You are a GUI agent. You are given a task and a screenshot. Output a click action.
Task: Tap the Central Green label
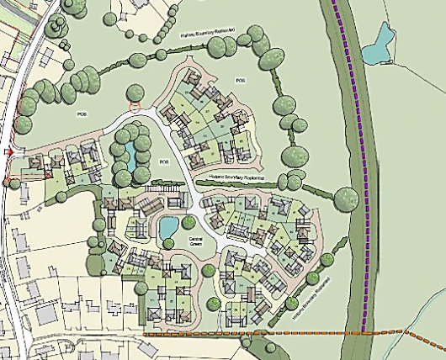(x=199, y=241)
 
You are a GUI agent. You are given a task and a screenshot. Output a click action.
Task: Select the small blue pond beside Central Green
(x=168, y=225)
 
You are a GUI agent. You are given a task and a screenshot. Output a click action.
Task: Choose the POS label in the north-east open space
(x=239, y=80)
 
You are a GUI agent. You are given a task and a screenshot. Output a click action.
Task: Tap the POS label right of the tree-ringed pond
(x=163, y=161)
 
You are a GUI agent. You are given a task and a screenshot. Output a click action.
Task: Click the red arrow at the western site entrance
(x=9, y=152)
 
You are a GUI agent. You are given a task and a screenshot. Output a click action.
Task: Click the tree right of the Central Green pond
(x=186, y=223)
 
